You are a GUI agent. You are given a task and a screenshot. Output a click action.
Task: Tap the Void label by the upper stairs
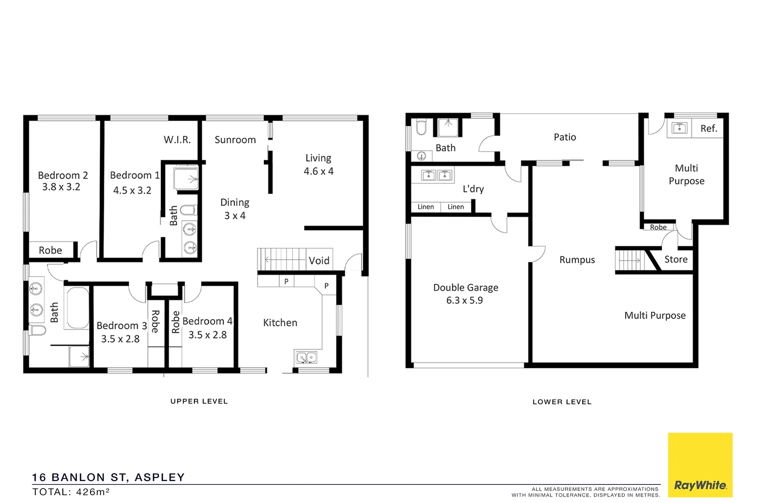pyautogui.click(x=319, y=260)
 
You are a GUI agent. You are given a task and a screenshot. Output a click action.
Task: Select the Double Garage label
pyautogui.click(x=465, y=287)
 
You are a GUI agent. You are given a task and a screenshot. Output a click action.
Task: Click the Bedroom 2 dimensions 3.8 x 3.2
pyautogui.click(x=61, y=187)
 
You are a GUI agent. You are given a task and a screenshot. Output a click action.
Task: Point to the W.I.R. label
pyautogui.click(x=177, y=139)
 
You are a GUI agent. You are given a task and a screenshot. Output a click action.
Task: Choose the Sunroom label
pyautogui.click(x=235, y=140)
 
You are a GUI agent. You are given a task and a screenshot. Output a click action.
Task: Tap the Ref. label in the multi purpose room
pyautogui.click(x=709, y=129)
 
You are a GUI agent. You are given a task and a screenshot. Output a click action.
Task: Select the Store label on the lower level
pyautogui.click(x=676, y=259)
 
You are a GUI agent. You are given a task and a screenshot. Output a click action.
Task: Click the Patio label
pyautogui.click(x=565, y=137)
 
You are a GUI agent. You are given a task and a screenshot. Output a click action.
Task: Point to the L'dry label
pyautogui.click(x=473, y=189)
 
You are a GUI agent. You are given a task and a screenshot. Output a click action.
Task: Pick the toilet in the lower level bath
pyautogui.click(x=421, y=127)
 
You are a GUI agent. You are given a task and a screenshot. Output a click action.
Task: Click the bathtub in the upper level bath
pyautogui.click(x=77, y=308)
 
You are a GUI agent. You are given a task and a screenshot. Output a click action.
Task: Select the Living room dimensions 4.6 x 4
pyautogui.click(x=318, y=171)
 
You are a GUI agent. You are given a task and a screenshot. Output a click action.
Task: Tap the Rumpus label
pyautogui.click(x=577, y=260)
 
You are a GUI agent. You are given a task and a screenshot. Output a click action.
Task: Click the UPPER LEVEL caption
pyautogui.click(x=199, y=401)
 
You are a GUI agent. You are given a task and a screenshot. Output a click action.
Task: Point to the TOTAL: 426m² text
pyautogui.click(x=71, y=492)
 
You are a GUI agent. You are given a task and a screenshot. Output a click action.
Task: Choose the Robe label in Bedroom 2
pyautogui.click(x=50, y=250)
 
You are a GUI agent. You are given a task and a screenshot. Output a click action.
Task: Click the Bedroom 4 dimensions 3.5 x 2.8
pyautogui.click(x=208, y=335)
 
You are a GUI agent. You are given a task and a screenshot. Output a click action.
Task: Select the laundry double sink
pyautogui.click(x=437, y=175)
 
